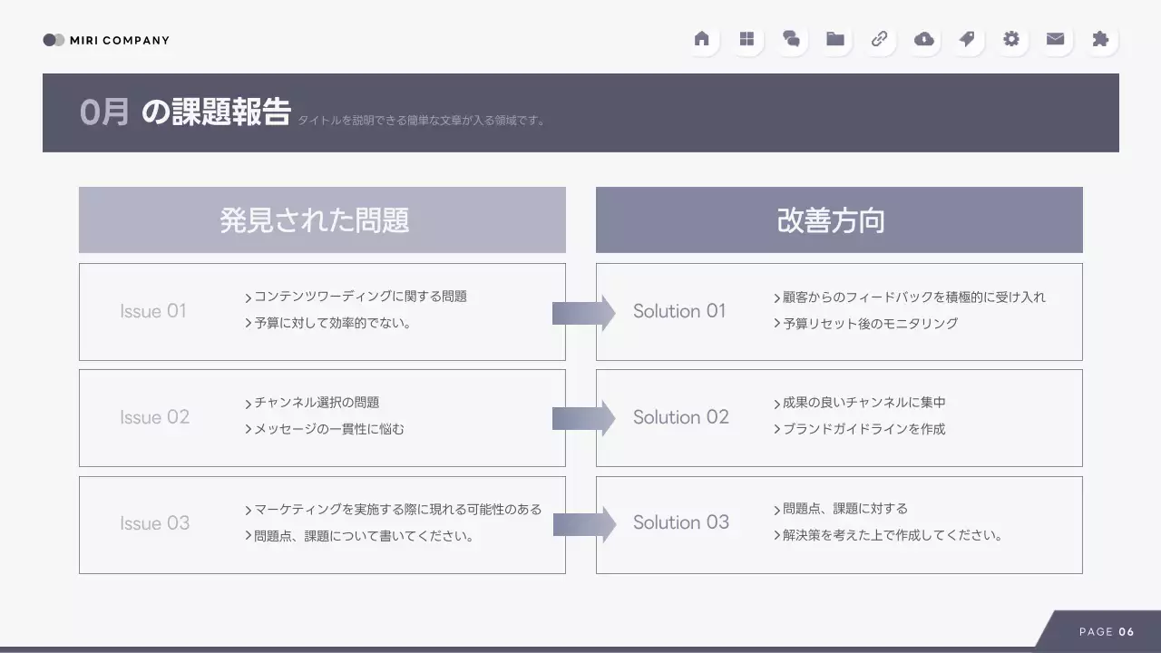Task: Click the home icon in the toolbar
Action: pos(701,39)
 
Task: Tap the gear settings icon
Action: pos(1011,39)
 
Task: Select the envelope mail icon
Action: pos(1055,39)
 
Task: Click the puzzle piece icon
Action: pos(1100,39)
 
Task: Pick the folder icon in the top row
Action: pos(835,39)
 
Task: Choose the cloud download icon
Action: pos(923,39)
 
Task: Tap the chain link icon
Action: pos(879,39)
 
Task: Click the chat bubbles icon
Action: pos(791,39)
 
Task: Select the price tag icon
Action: pos(967,39)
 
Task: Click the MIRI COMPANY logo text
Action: pos(119,40)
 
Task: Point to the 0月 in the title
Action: pos(104,112)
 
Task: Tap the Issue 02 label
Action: pos(154,417)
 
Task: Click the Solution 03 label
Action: pos(680,522)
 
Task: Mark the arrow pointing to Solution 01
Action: pos(583,313)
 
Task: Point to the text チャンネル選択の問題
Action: pos(317,403)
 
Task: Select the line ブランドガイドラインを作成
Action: pos(863,429)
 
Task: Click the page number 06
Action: pos(1127,632)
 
